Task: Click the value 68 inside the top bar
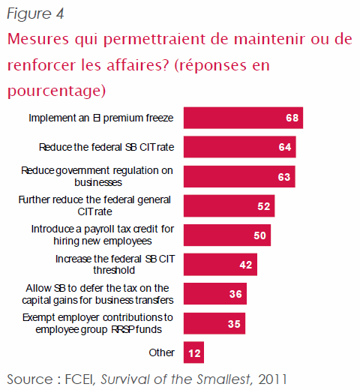292,118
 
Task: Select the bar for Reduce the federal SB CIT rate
240,147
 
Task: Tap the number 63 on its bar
284,177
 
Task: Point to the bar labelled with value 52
229,206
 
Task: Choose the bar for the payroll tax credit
227,235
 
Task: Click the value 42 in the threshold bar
246,265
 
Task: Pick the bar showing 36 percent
215,294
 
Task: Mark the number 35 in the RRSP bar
234,324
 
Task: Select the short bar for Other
193,352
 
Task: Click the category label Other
161,352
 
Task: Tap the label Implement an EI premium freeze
101,118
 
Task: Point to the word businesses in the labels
98,182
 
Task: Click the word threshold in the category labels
114,270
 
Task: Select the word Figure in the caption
29,13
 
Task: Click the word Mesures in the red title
38,39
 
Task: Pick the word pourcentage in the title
56,91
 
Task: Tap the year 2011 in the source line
272,379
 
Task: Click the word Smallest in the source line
224,379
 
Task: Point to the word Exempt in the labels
38,318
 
